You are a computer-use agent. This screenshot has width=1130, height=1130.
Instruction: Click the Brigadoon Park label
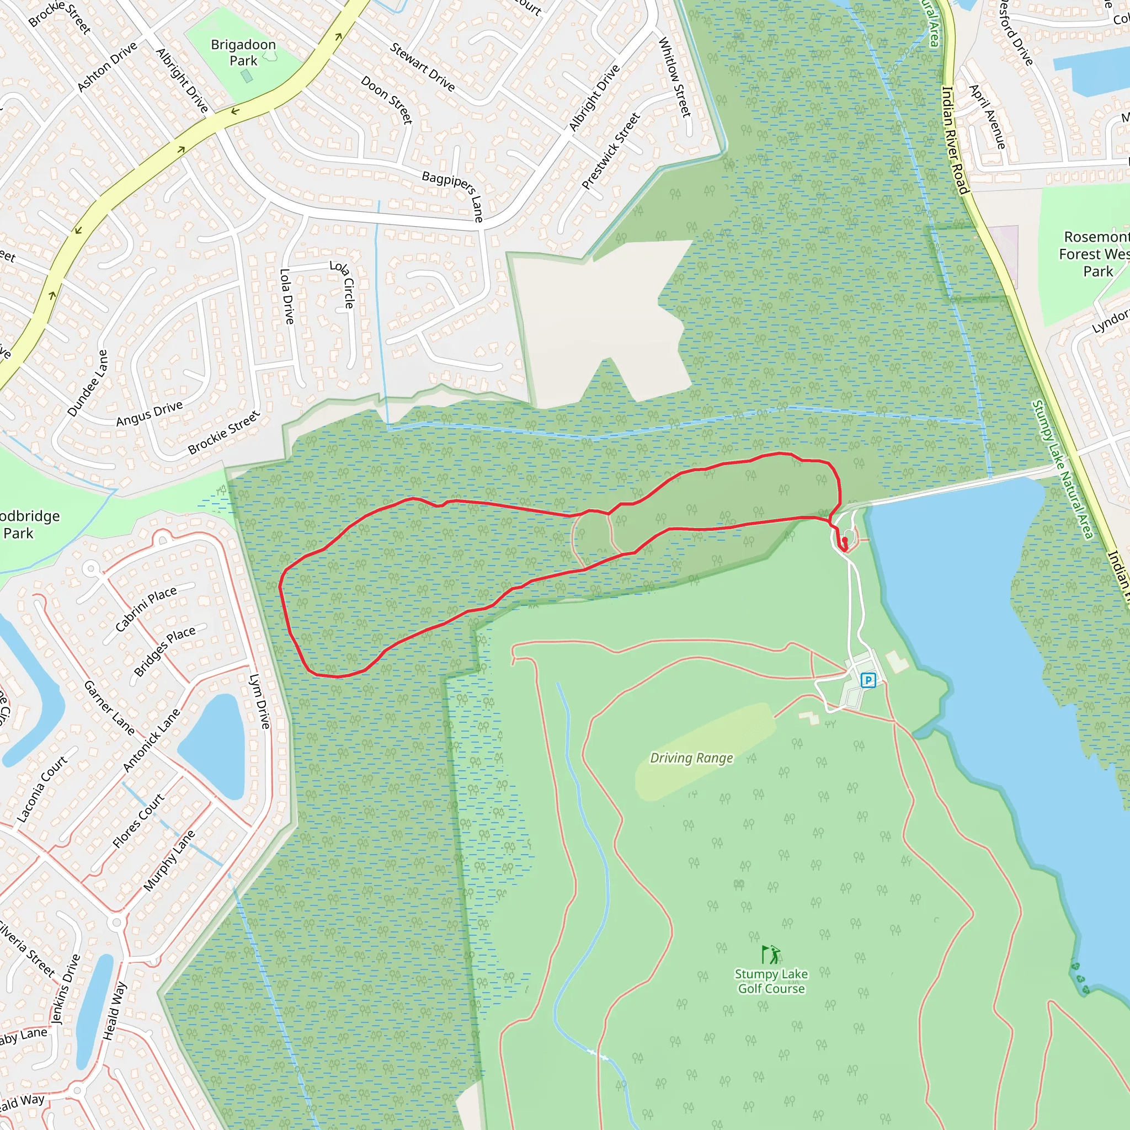click(243, 52)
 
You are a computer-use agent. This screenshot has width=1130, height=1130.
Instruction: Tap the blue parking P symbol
click(868, 680)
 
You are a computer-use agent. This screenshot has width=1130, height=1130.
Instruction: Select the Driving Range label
click(691, 758)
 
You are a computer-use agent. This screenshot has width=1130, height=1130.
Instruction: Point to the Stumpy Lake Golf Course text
click(771, 982)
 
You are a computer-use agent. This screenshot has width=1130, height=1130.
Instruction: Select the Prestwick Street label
click(611, 151)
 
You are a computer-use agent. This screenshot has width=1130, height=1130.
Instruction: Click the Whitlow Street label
click(675, 77)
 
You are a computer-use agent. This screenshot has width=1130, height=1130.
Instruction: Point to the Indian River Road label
click(956, 140)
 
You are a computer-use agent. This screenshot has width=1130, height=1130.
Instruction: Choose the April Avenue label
click(987, 116)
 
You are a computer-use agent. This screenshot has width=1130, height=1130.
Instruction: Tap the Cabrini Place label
click(146, 609)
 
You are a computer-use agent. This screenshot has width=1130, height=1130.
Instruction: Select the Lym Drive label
click(260, 701)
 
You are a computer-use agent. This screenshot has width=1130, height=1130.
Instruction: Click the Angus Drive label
click(149, 413)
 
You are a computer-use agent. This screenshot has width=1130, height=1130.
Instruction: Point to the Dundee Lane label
click(88, 383)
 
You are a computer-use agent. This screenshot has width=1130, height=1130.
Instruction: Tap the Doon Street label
click(387, 99)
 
